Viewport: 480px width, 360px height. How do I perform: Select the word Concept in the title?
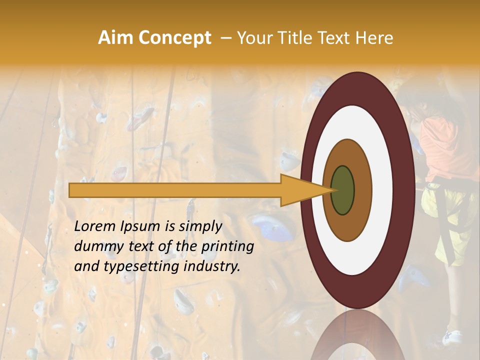coord(174,38)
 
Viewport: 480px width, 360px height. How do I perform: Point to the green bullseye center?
coord(342,190)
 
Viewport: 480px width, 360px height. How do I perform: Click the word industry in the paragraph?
coord(212,266)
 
